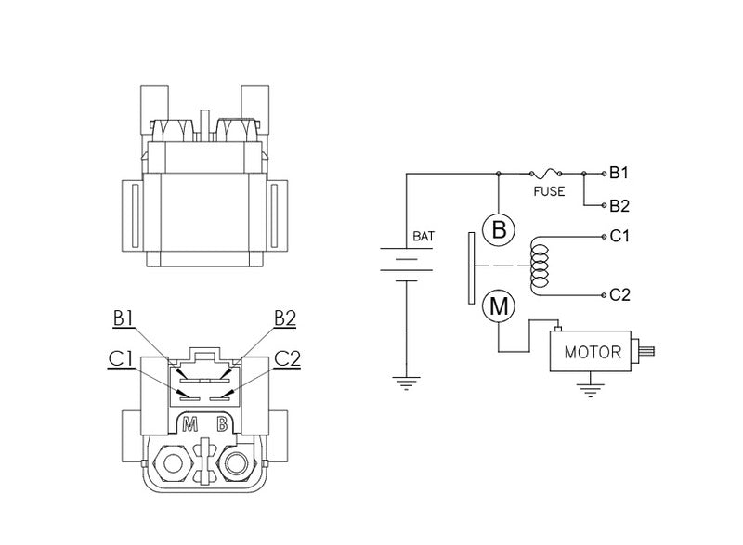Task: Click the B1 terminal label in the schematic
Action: coord(619,173)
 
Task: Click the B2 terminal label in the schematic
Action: coord(619,205)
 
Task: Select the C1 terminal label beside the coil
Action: coord(619,236)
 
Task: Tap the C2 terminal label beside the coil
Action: coord(619,295)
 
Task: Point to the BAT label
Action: coord(423,236)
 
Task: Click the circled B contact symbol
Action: coord(499,230)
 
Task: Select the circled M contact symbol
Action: coord(499,305)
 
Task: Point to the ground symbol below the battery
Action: coord(406,381)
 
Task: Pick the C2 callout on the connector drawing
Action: coord(289,357)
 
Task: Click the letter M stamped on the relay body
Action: coord(190,426)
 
